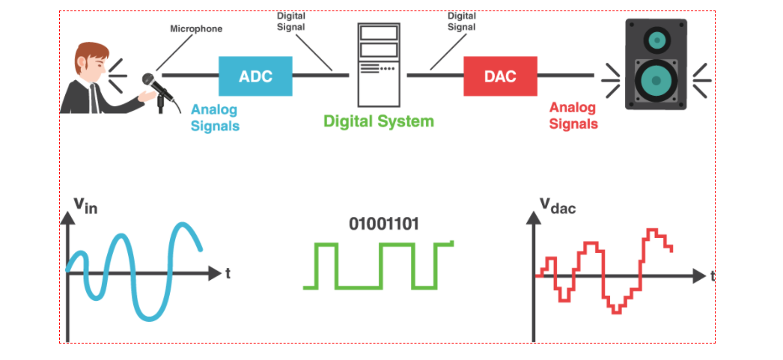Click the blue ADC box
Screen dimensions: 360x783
pyautogui.click(x=255, y=76)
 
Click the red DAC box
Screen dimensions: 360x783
pyautogui.click(x=499, y=76)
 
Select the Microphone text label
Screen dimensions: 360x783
pyautogui.click(x=197, y=29)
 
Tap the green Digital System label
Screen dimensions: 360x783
pyautogui.click(x=378, y=120)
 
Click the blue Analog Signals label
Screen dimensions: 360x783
pyautogui.click(x=215, y=118)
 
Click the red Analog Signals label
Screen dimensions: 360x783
pyautogui.click(x=573, y=115)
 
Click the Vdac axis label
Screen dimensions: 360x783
pyautogui.click(x=557, y=206)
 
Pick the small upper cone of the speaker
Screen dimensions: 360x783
pyautogui.click(x=656, y=37)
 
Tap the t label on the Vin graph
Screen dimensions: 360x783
pyautogui.click(x=228, y=274)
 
